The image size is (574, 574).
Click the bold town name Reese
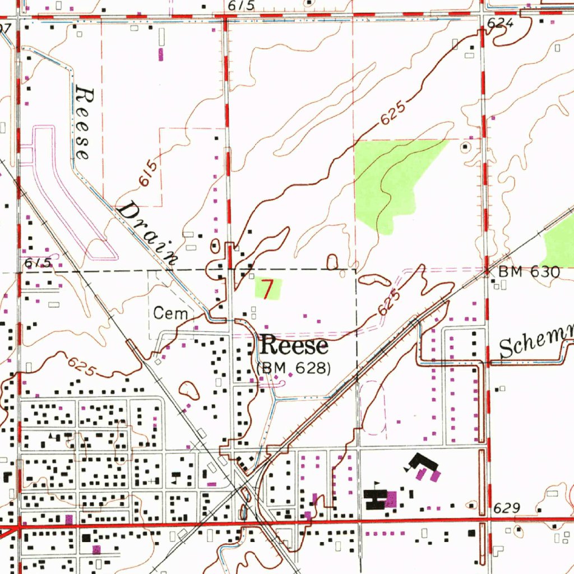coord(294,346)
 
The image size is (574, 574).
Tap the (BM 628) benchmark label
coord(294,368)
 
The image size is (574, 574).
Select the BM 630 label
coord(529,272)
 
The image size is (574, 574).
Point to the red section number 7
coord(269,290)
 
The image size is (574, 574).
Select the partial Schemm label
coord(535,342)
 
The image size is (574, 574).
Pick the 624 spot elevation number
coord(500,23)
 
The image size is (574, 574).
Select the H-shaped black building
coord(374,499)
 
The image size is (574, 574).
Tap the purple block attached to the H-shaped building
coord(391,498)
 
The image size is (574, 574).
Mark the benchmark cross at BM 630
coord(487,271)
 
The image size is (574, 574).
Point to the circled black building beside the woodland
coord(465,147)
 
